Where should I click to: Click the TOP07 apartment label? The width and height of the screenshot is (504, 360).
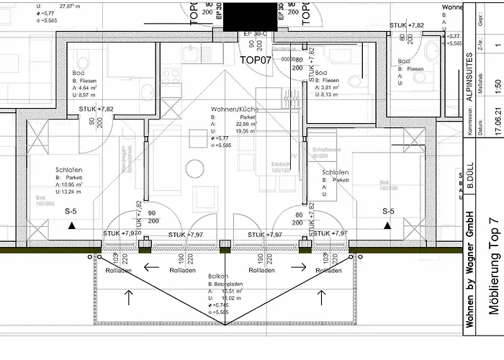point(255,60)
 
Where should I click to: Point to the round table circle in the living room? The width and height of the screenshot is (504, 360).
point(195,168)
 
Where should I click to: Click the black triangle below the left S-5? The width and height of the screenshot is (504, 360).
point(71,225)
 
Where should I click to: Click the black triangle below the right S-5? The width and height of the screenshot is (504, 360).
point(388,225)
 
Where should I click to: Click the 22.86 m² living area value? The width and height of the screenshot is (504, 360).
point(234,123)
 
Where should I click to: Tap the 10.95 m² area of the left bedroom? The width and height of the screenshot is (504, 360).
point(73,185)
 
